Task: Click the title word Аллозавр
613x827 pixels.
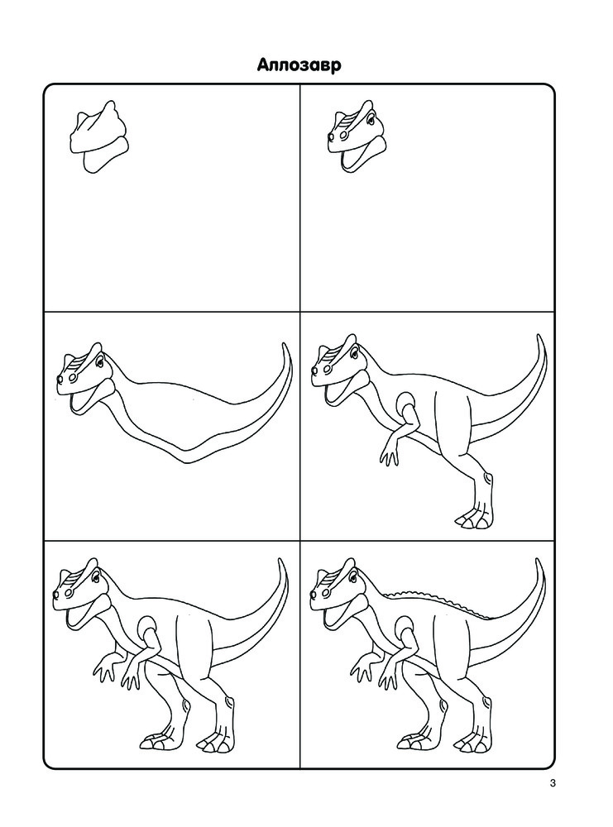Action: click(x=299, y=65)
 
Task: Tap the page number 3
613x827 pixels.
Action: click(x=553, y=782)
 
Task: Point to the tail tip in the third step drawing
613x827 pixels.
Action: click(x=285, y=344)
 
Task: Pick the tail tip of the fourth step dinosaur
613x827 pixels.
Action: click(x=539, y=337)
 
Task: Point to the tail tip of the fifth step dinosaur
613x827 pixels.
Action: click(x=282, y=562)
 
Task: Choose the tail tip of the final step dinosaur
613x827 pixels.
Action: click(x=539, y=562)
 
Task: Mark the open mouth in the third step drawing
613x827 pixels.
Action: click(x=84, y=399)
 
